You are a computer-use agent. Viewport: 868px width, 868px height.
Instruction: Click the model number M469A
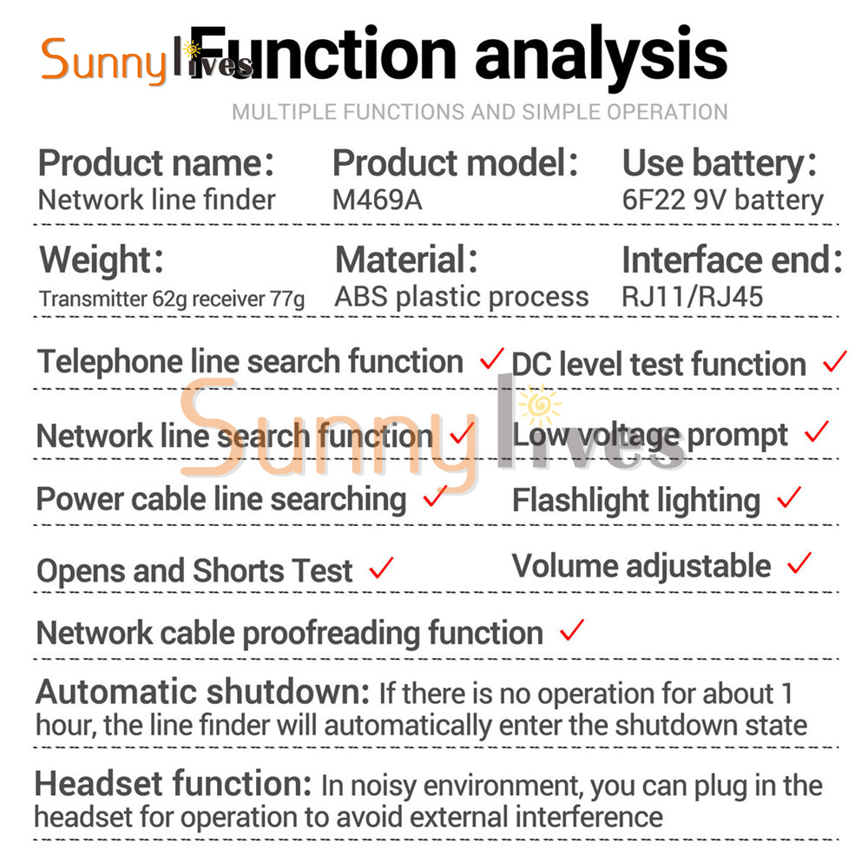tap(377, 200)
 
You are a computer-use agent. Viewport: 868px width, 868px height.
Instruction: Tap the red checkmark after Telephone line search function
tap(491, 358)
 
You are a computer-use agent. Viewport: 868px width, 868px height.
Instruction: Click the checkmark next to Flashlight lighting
tap(789, 497)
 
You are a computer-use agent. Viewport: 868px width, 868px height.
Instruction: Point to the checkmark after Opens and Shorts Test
tap(381, 568)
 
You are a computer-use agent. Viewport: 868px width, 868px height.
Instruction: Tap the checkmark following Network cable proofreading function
tap(571, 630)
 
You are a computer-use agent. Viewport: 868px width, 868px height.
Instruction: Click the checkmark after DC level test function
tap(834, 361)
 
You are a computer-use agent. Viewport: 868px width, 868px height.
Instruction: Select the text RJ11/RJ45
tap(692, 297)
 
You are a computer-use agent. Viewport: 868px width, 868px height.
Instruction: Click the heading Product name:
tap(156, 163)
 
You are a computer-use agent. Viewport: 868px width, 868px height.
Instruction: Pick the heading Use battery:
tap(720, 163)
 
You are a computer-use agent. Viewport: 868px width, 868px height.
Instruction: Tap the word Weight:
tap(102, 260)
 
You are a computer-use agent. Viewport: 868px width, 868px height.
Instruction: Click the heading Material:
tap(406, 260)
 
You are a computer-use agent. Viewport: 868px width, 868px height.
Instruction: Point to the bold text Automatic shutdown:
tap(202, 692)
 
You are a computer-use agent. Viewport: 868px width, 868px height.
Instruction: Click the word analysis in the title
tap(602, 56)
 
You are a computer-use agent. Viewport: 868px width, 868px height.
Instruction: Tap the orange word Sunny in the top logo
tap(104, 61)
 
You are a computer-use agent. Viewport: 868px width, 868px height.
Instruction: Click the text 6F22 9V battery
tap(723, 201)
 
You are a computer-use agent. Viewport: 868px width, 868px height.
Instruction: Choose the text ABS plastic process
tap(462, 297)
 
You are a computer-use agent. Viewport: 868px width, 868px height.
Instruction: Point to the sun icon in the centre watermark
tap(540, 405)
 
